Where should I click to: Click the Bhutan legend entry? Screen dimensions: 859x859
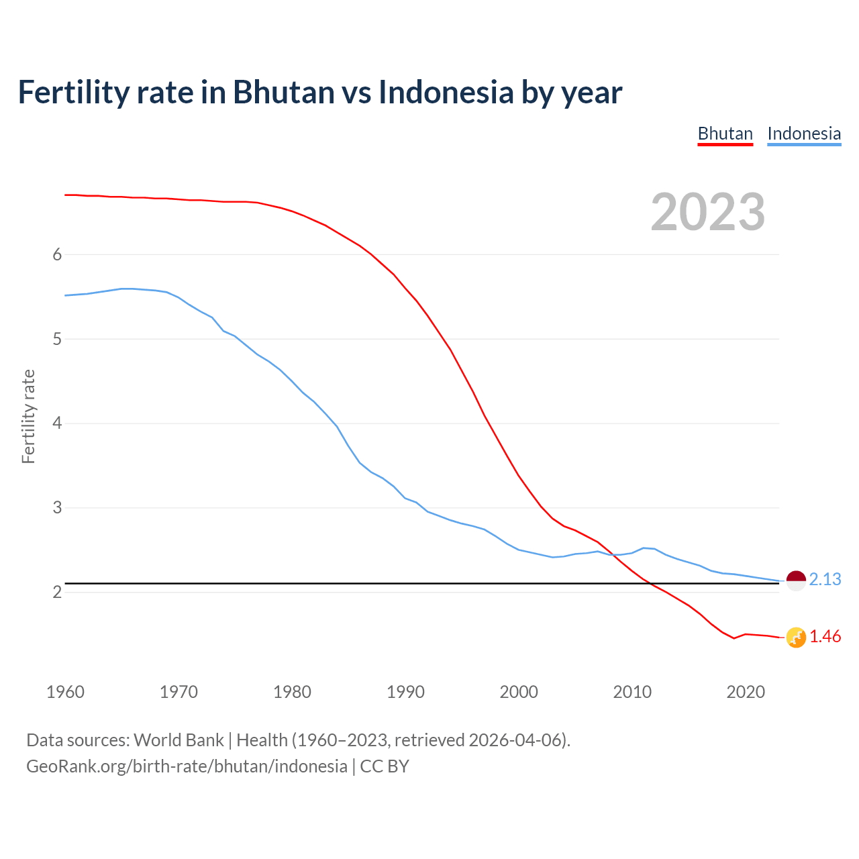(725, 134)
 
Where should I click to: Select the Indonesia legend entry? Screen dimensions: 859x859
(803, 134)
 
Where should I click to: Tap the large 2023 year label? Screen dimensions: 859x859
(707, 212)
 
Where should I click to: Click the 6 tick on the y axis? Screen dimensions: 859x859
(57, 254)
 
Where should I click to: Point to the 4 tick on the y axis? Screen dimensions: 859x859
(57, 423)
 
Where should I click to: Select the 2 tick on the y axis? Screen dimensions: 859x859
(57, 592)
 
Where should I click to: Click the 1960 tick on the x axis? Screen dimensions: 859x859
(65, 692)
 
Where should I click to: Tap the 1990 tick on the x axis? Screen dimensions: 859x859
(405, 692)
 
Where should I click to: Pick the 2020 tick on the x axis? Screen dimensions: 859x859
(746, 692)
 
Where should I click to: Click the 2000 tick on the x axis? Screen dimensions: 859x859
(519, 692)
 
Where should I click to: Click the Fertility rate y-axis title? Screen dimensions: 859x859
(28, 416)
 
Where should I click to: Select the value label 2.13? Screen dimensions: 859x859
(825, 579)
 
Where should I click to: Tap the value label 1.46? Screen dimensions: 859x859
(825, 637)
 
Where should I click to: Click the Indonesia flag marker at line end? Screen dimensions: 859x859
(796, 580)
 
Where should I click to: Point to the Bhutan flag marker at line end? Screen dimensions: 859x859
(796, 638)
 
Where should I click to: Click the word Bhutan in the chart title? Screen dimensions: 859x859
(283, 92)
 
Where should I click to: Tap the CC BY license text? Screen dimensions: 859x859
(385, 766)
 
